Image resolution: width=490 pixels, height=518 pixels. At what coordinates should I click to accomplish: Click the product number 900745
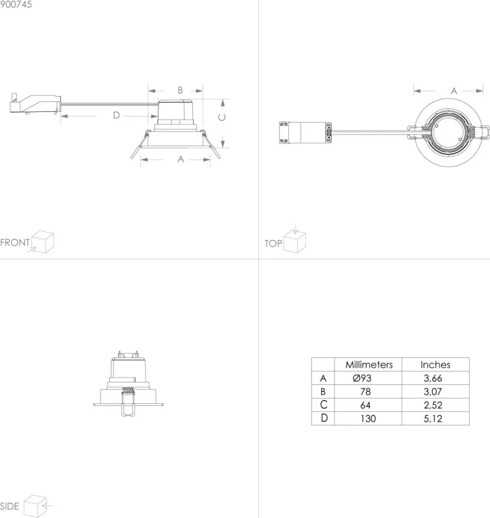pos(16,4)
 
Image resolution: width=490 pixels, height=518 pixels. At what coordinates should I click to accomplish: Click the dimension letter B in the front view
pos(180,90)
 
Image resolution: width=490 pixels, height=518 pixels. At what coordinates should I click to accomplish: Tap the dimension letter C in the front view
pos(222,117)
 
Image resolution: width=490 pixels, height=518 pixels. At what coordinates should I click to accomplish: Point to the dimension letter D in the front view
pos(116,115)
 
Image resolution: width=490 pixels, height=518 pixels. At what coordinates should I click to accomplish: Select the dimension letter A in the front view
pos(181,159)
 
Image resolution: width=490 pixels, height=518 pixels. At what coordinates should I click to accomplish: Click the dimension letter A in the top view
pos(454,91)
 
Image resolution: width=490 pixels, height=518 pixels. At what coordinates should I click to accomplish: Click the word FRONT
pos(15,243)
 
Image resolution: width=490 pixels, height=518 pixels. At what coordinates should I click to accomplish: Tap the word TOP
pos(273,243)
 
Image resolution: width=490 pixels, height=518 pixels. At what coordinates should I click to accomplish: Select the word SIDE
pos(10,506)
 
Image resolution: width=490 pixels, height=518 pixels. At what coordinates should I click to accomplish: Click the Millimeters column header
pos(369,365)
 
